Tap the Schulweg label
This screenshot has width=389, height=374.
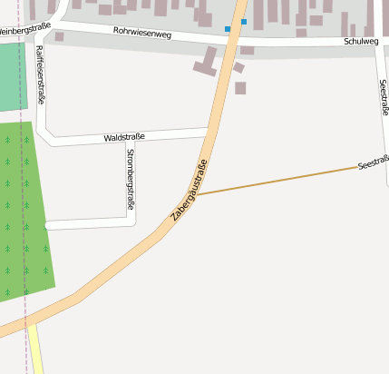coord(361,42)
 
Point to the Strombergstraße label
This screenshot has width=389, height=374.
coord(131,179)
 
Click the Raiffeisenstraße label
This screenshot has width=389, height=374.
coord(40,76)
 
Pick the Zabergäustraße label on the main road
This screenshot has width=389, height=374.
coord(190,192)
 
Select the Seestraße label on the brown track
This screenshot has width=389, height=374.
coord(373,163)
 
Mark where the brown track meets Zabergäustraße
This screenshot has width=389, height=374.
coord(197,194)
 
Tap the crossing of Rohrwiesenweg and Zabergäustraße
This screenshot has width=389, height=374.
coord(236,38)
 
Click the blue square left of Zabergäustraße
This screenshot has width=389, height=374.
coord(228,29)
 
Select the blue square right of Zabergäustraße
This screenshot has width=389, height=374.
coord(244,22)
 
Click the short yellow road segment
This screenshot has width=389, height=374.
coord(35,349)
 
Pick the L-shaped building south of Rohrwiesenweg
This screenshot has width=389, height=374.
coord(206,62)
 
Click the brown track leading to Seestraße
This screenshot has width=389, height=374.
coord(281,180)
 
